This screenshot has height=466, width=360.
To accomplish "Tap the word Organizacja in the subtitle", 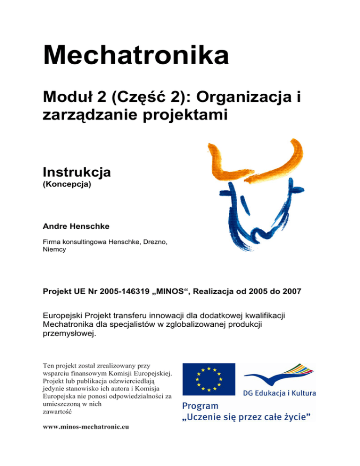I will point(246,98).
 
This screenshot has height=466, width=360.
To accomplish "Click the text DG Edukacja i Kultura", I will point(279,392).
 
